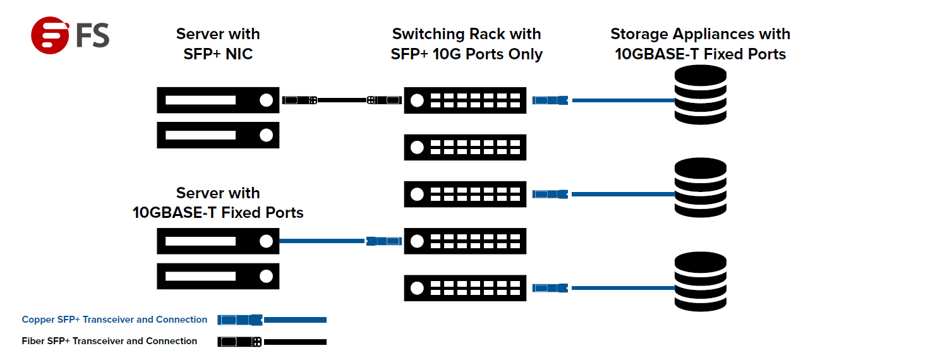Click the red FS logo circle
50,35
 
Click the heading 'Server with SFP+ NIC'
218,44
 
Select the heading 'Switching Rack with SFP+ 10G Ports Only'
466,44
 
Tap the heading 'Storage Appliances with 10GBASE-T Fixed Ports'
700,44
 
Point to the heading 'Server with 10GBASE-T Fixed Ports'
218,203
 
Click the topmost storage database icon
701,95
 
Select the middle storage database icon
701,188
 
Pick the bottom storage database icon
701,282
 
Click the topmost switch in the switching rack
465,100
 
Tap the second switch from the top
465,147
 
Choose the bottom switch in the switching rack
465,288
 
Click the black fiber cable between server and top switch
342,100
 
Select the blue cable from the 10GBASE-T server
322,241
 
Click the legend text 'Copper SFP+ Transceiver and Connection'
114,320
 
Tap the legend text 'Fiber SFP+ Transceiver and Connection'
109,341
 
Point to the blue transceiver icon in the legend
239,320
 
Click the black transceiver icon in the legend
239,342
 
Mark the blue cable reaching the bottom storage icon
622,288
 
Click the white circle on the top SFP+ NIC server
266,100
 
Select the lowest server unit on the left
218,276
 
